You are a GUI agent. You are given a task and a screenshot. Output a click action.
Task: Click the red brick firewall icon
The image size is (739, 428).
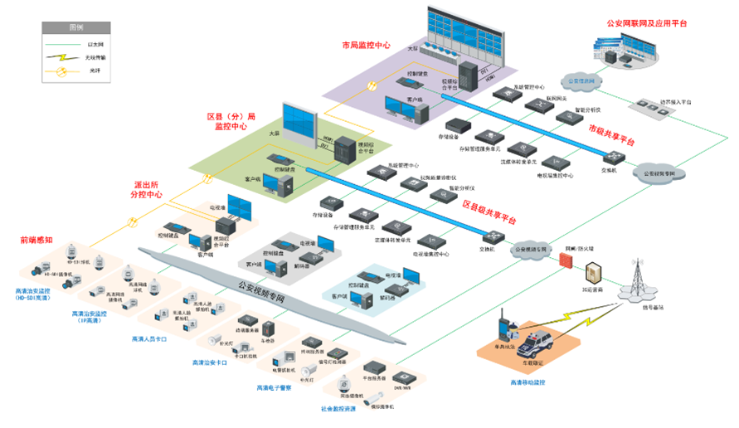coord(567,260)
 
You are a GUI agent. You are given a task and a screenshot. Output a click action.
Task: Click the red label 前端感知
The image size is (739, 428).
coord(36,240)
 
